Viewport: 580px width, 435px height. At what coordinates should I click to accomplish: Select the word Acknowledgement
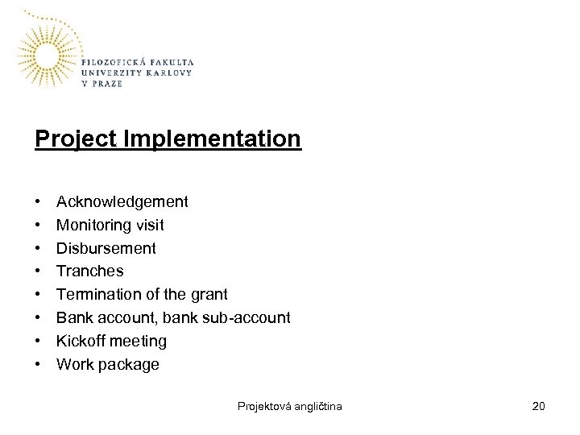click(x=122, y=201)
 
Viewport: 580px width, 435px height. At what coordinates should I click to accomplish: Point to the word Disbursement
click(x=106, y=248)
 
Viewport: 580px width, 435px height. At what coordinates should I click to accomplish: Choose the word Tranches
click(x=89, y=271)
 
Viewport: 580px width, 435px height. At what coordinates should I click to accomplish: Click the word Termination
click(x=96, y=295)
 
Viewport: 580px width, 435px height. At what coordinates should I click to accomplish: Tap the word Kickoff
click(x=81, y=341)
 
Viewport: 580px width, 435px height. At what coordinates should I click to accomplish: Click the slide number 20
click(x=539, y=406)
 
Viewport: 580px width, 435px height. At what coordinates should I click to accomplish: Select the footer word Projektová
click(x=265, y=406)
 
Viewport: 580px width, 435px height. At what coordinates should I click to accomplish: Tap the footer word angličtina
click(x=319, y=406)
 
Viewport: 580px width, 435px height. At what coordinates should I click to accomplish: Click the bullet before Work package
click(x=39, y=364)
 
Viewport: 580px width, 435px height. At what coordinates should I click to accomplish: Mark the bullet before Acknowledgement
click(x=39, y=201)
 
